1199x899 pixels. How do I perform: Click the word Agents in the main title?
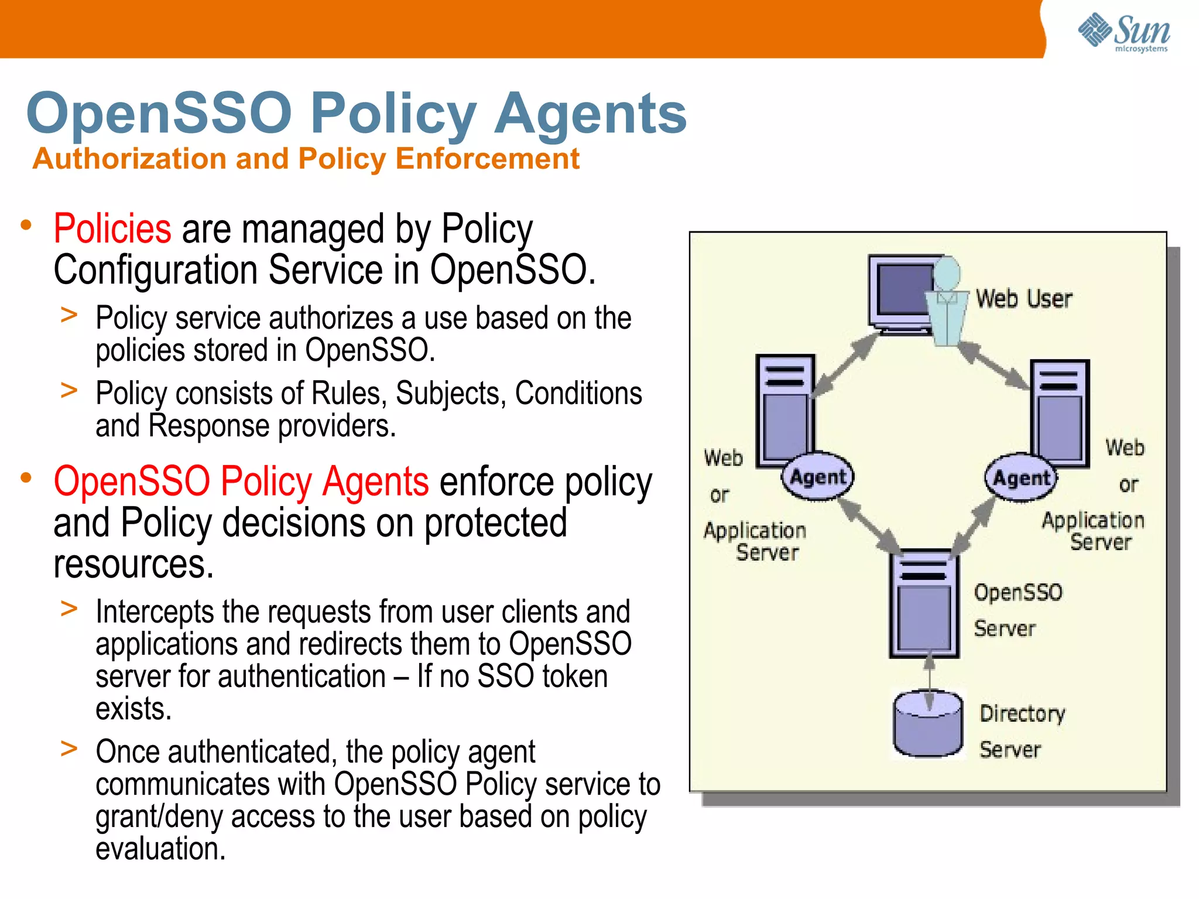pyautogui.click(x=590, y=113)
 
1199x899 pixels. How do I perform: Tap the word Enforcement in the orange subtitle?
pyautogui.click(x=487, y=159)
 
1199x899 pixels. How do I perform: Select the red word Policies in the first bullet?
pyautogui.click(x=112, y=228)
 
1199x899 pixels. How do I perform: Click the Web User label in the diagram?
pyautogui.click(x=1024, y=299)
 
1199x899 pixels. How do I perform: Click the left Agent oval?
pyautogui.click(x=818, y=477)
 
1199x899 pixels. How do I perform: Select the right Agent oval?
pyautogui.click(x=1021, y=478)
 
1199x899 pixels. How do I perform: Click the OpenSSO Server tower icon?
pyautogui.click(x=924, y=603)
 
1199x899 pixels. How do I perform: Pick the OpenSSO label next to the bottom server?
pyautogui.click(x=1018, y=592)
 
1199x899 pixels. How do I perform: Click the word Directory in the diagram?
pyautogui.click(x=1022, y=713)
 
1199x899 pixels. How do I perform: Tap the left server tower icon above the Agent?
pyautogui.click(x=785, y=410)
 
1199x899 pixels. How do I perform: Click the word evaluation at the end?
pyautogui.click(x=160, y=849)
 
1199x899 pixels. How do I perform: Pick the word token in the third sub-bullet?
pyautogui.click(x=575, y=676)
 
